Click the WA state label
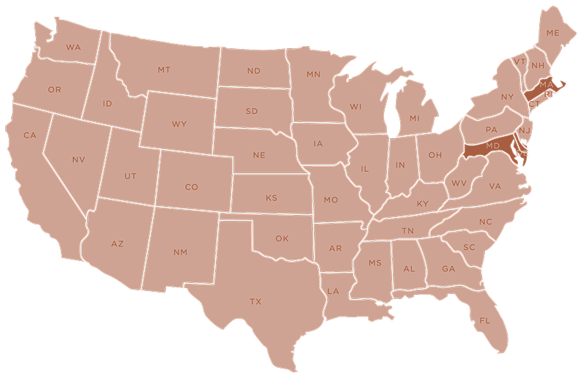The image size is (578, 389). tap(73, 48)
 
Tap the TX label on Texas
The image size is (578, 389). tap(255, 301)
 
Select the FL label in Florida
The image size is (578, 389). tap(485, 320)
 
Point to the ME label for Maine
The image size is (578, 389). tap(552, 34)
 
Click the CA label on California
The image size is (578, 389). tap(30, 135)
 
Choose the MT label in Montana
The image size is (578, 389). tap(164, 70)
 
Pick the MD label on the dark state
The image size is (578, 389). tap(492, 146)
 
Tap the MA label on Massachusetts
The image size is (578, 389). tap(545, 86)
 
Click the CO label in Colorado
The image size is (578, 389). tap(192, 187)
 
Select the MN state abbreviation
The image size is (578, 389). tap(314, 75)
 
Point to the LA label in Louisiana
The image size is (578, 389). tap(333, 291)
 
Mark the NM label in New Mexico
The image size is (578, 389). tap(180, 252)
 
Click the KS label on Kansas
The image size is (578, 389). tap(271, 198)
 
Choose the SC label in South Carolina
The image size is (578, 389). tap(469, 247)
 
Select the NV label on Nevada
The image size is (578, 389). tap(78, 159)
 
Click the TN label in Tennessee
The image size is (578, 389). tap(408, 231)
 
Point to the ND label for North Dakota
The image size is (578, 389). tap(254, 71)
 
